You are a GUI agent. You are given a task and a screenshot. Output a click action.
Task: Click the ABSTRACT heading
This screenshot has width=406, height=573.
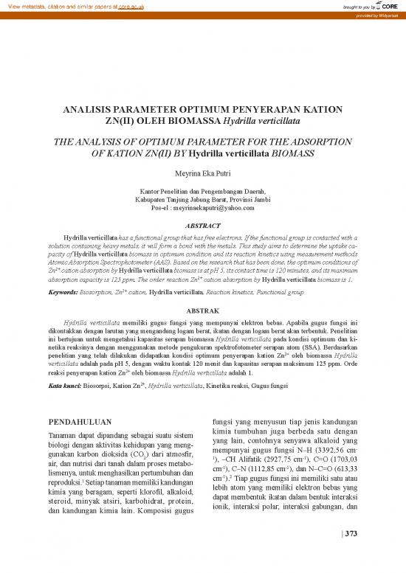coord(202,227)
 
